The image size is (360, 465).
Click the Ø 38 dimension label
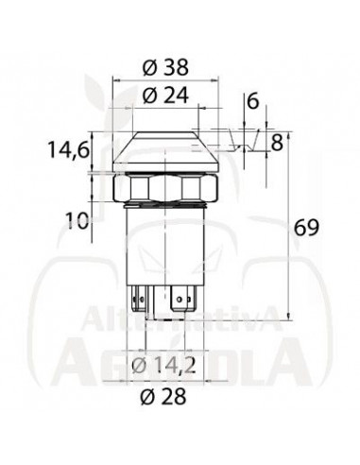click(165, 67)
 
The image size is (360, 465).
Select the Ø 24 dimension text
click(165, 95)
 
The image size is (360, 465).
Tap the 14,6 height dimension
click(68, 149)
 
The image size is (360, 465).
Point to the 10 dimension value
click(77, 220)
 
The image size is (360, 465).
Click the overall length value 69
click(306, 228)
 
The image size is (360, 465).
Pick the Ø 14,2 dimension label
click(163, 366)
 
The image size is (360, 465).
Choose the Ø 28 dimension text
click(163, 396)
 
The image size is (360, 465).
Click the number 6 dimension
click(252, 101)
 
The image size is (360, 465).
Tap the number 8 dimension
click(277, 143)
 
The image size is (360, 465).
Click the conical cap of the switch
click(165, 151)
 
